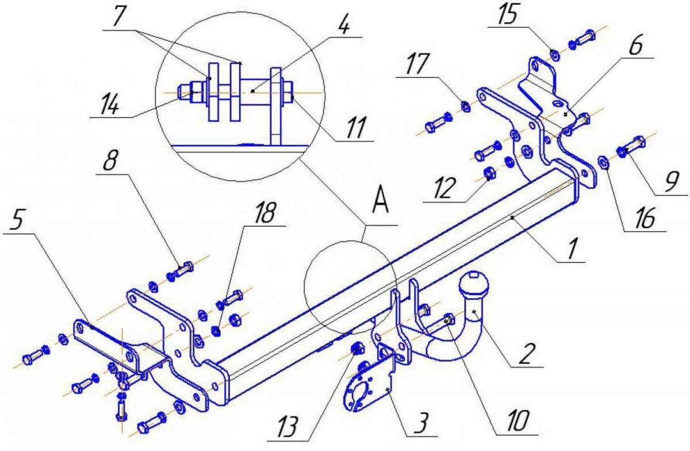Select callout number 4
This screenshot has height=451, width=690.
[x=344, y=24]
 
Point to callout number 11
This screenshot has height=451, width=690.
[x=356, y=127]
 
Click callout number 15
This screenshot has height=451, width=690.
[x=508, y=14]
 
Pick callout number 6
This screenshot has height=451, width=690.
[x=635, y=45]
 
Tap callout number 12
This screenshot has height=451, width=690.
[x=444, y=188]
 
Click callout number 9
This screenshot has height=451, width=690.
[x=672, y=182]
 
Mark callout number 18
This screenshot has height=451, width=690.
[x=264, y=213]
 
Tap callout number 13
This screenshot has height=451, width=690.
[x=287, y=427]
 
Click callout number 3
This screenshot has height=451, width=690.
[x=421, y=423]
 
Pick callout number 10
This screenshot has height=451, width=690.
[x=517, y=421]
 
